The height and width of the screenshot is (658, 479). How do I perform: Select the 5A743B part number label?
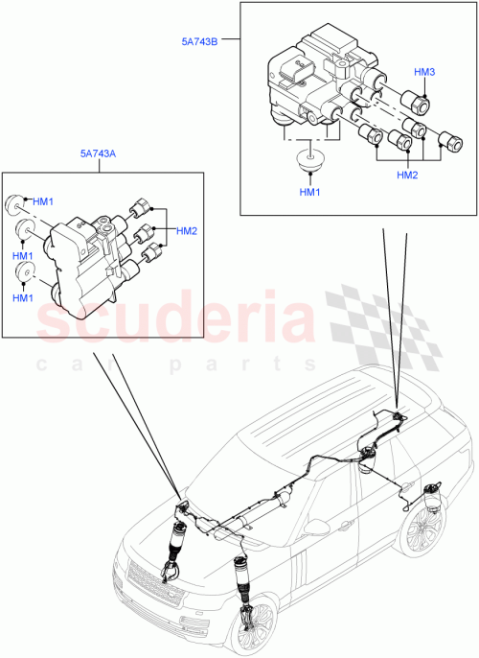(x=202, y=42)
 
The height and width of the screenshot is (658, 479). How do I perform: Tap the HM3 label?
(x=424, y=73)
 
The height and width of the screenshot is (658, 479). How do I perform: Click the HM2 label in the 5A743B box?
(x=408, y=176)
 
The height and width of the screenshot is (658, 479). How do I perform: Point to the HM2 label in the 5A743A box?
(x=185, y=231)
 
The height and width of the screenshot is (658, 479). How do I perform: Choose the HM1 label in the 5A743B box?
(x=308, y=195)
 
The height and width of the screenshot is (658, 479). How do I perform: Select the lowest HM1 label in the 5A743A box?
(x=24, y=298)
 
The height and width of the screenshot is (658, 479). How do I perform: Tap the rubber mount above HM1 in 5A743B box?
(x=308, y=159)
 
